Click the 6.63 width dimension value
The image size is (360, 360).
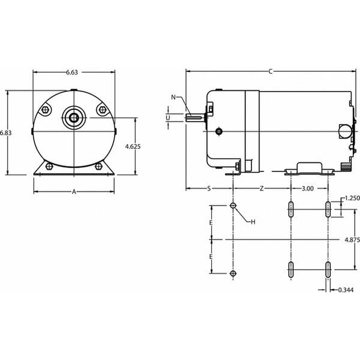(71, 72)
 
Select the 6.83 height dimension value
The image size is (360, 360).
(5, 132)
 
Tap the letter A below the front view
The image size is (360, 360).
(74, 192)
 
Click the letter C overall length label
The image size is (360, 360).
(270, 71)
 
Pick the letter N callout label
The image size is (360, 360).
(173, 97)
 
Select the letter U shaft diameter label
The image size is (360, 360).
(168, 117)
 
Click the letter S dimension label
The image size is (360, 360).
(209, 189)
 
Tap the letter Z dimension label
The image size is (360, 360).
(262, 189)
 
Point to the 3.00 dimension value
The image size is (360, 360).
(308, 189)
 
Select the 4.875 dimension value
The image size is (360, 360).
(351, 240)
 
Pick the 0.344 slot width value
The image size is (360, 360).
(345, 290)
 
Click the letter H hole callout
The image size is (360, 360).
(252, 221)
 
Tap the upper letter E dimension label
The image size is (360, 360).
(211, 223)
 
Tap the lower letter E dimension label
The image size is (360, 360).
(211, 257)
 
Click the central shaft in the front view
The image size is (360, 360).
(74, 117)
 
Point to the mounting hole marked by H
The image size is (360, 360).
(232, 206)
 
